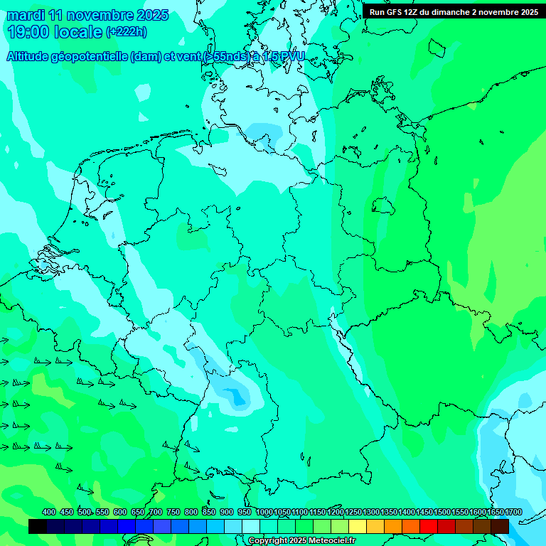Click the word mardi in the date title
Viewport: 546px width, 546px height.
(x=26, y=14)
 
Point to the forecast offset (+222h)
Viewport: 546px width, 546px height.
(x=127, y=31)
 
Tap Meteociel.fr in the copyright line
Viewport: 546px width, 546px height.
(x=329, y=541)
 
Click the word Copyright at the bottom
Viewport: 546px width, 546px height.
(x=268, y=541)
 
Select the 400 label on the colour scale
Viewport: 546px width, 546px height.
(x=49, y=512)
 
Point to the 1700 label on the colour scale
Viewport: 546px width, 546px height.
(x=513, y=512)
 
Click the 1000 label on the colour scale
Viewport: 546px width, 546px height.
(x=264, y=512)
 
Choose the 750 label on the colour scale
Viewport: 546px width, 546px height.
(x=173, y=512)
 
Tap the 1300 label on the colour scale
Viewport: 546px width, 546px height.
(x=371, y=512)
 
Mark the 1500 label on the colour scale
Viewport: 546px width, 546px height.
(x=442, y=512)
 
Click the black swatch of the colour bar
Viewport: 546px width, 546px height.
(x=38, y=527)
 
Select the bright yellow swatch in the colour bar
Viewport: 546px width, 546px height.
(x=358, y=527)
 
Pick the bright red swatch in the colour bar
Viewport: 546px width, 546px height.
(x=429, y=527)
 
